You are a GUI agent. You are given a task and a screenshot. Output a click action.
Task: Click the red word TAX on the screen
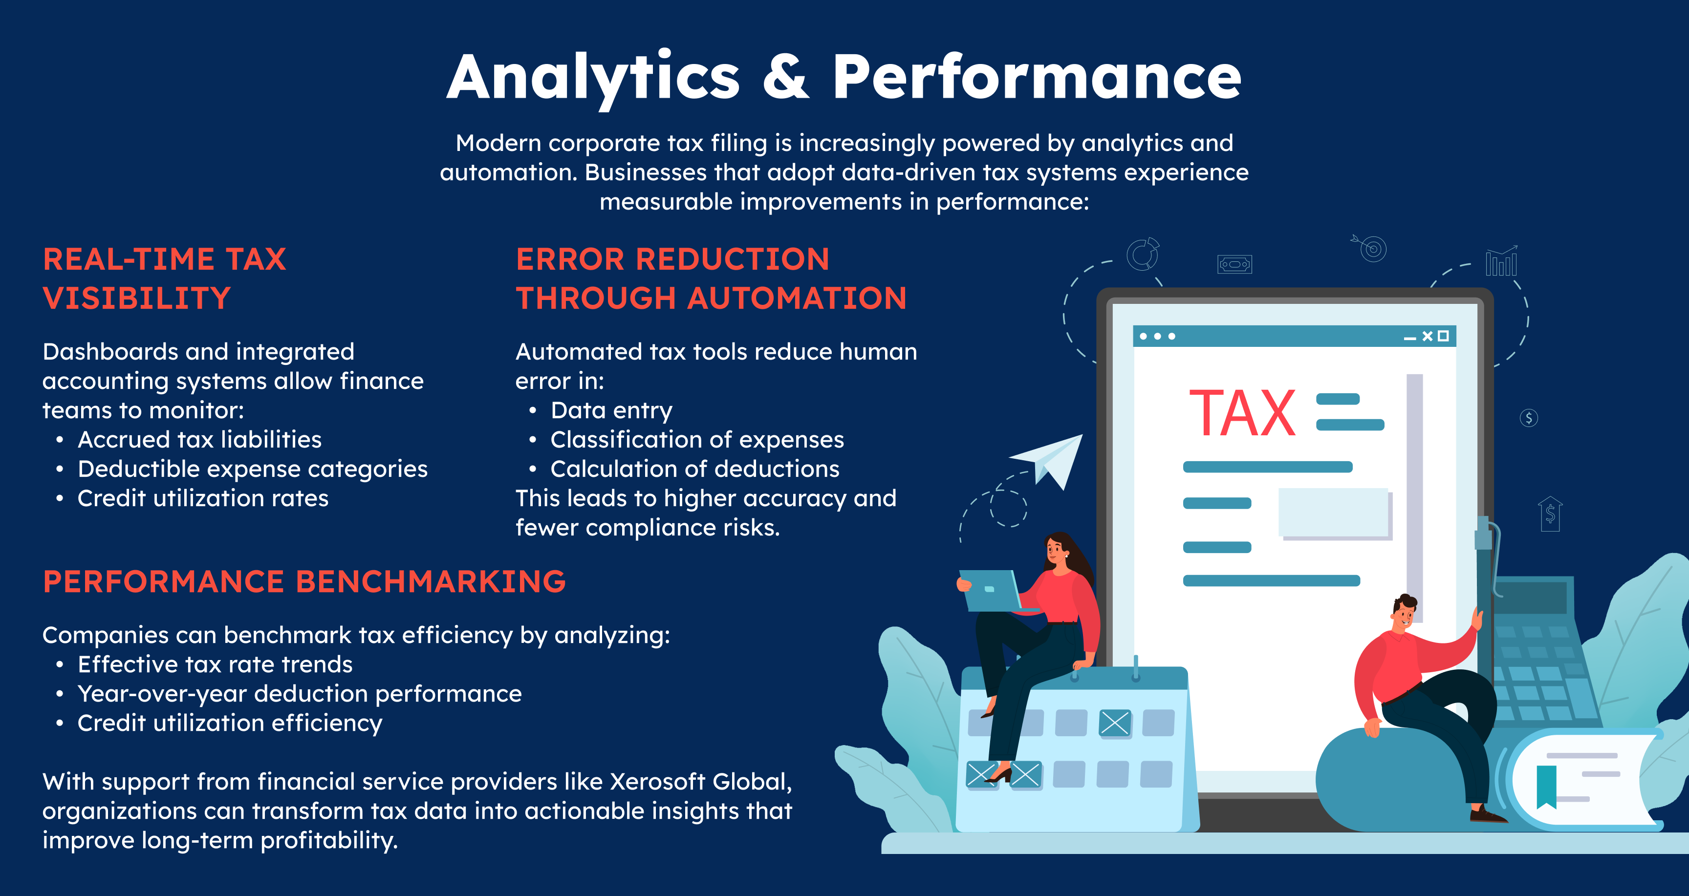tap(1242, 413)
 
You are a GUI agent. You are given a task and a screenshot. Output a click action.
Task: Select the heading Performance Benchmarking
tap(304, 581)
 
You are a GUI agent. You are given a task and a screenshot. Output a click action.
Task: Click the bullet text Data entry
tap(611, 410)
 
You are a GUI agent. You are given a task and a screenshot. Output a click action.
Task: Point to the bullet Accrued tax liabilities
tap(199, 439)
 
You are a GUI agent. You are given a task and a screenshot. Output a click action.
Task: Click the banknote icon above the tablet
tap(1234, 264)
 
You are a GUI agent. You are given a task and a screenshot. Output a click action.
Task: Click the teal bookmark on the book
tap(1547, 786)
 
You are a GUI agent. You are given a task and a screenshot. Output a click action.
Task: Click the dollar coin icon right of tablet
tap(1529, 418)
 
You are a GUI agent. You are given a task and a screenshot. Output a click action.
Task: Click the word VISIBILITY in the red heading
tap(136, 298)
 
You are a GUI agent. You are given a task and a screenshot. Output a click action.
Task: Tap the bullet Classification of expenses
tap(697, 439)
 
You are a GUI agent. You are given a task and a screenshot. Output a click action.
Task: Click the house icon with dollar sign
tap(1550, 513)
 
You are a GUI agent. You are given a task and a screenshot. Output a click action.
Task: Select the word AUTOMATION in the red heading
tap(797, 298)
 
